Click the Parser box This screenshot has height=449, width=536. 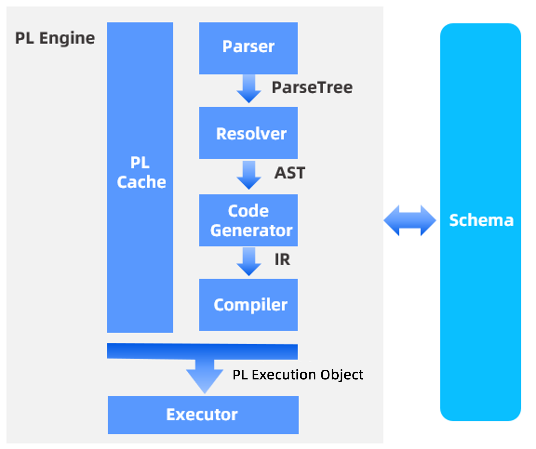click(248, 48)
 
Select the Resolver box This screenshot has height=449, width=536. click(248, 133)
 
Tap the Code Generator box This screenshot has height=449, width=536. click(248, 220)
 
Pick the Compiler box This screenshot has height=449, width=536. click(248, 305)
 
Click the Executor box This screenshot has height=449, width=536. click(203, 415)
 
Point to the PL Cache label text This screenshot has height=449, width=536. click(141, 172)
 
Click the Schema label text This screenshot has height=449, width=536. click(481, 220)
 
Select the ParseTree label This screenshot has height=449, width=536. click(312, 87)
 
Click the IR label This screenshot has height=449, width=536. click(282, 259)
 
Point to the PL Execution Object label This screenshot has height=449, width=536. click(298, 375)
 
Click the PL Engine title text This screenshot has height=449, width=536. click(55, 38)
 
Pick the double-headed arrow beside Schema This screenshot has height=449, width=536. click(410, 220)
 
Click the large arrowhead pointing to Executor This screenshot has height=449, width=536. click(205, 378)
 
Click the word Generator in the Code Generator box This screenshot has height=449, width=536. click(251, 230)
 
